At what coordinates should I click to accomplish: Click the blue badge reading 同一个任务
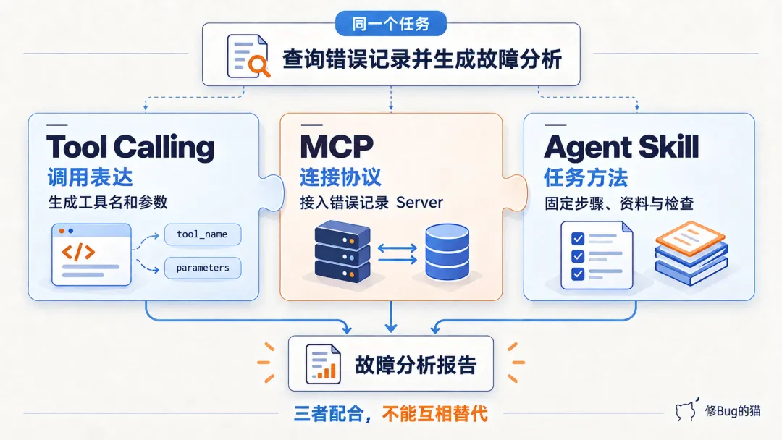point(390,23)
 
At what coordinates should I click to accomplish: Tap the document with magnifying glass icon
point(248,56)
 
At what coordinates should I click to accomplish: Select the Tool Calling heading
point(130,148)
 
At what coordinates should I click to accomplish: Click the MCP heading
point(337,146)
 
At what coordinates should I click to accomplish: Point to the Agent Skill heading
point(621,148)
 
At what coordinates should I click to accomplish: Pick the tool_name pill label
point(203,234)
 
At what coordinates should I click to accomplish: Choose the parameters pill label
point(203,268)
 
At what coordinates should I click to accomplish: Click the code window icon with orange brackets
point(91,255)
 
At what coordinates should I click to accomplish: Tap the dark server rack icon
point(342,252)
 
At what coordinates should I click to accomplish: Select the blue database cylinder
point(447,252)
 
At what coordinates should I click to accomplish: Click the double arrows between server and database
point(397,253)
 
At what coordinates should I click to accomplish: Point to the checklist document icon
point(597,255)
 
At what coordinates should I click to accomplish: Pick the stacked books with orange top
point(691,253)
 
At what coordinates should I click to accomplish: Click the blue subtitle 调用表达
point(91,177)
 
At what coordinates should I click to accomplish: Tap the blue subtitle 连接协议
point(340,177)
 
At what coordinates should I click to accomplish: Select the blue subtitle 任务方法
point(586,177)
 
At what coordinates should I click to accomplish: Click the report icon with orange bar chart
point(323,364)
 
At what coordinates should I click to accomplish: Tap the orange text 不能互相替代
point(435,414)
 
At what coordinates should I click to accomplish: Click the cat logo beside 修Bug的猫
point(686,410)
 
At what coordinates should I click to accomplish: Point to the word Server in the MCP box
point(419,203)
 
